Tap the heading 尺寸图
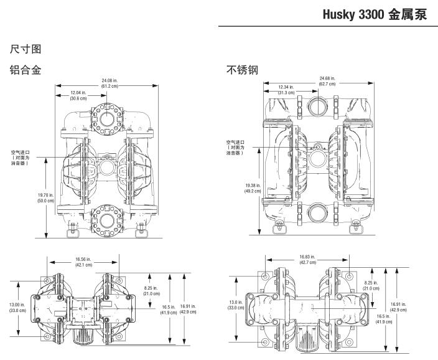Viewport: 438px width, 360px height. click(22, 48)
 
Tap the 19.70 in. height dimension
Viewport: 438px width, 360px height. click(45, 198)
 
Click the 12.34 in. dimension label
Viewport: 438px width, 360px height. click(286, 90)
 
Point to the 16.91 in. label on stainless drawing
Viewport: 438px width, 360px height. click(399, 307)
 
